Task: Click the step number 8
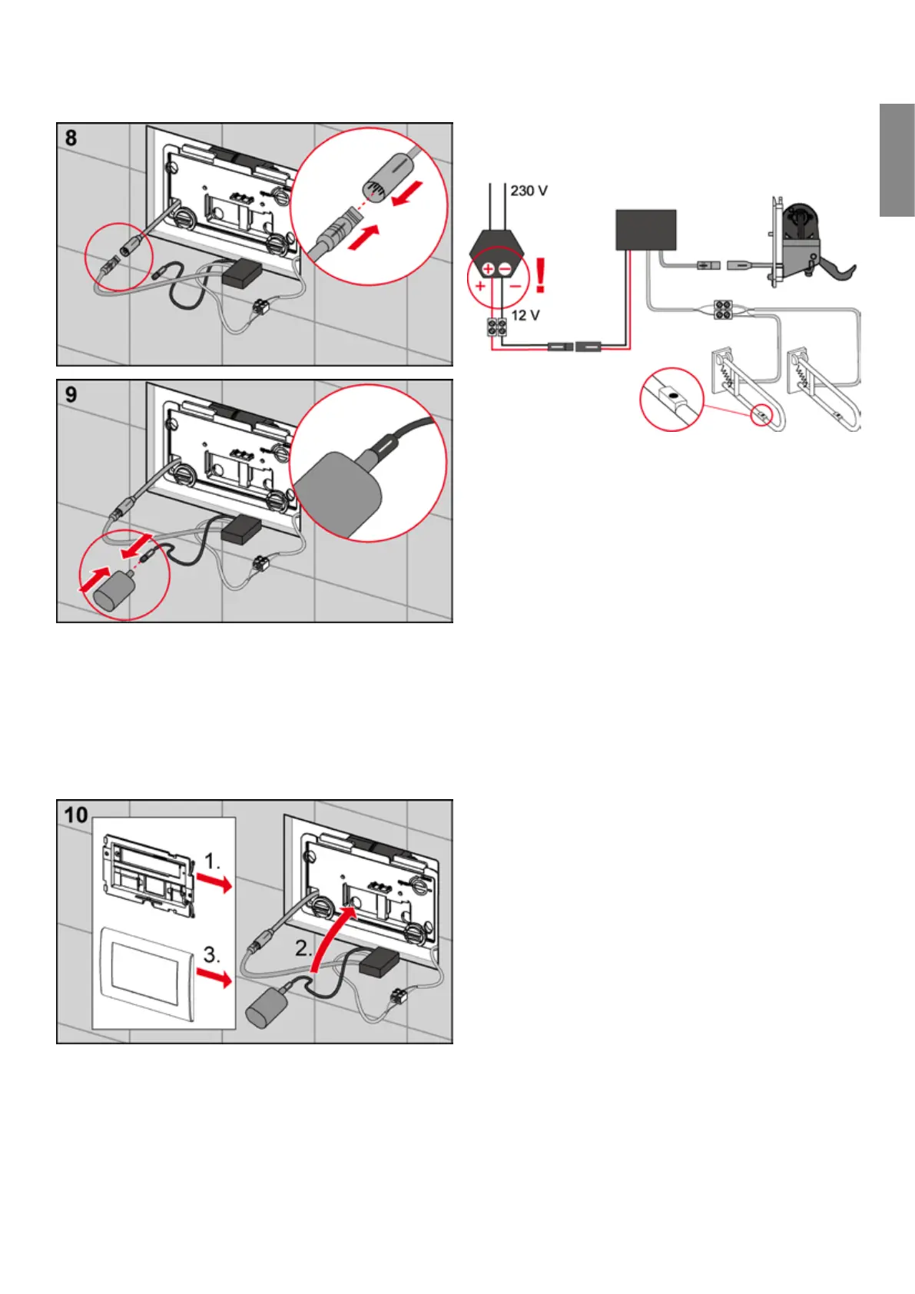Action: pyautogui.click(x=71, y=138)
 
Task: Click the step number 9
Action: pyautogui.click(x=71, y=395)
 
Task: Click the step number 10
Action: pyautogui.click(x=76, y=815)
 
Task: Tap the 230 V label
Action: pyautogui.click(x=529, y=191)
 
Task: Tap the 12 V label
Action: pyautogui.click(x=525, y=315)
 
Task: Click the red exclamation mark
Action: pyautogui.click(x=541, y=275)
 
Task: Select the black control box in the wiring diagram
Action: pyautogui.click(x=645, y=230)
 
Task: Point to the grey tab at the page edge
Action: pyautogui.click(x=897, y=161)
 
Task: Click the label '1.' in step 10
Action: pyautogui.click(x=212, y=862)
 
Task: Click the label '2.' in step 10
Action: pyautogui.click(x=304, y=949)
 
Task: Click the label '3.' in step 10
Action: pyautogui.click(x=212, y=955)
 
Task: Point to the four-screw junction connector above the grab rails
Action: pyautogui.click(x=722, y=309)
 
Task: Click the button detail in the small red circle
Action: pyautogui.click(x=671, y=399)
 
